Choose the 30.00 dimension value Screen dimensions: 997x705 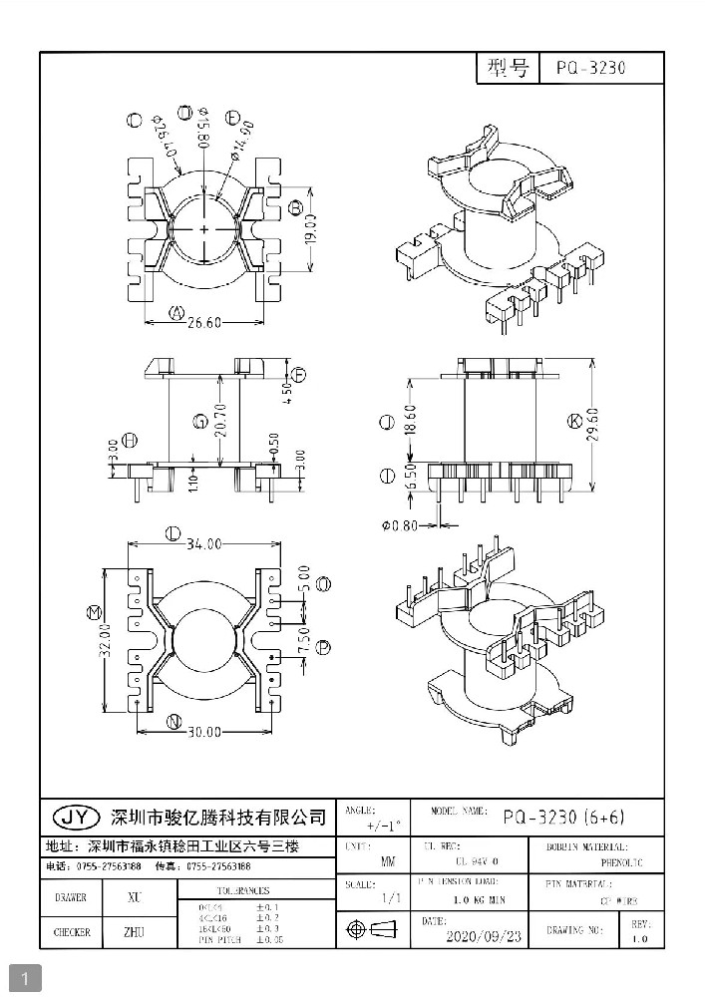204,732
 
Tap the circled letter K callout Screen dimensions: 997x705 573,422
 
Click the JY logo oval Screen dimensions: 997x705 76,818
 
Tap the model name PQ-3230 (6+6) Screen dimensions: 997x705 563,817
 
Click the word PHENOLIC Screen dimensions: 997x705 622,862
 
